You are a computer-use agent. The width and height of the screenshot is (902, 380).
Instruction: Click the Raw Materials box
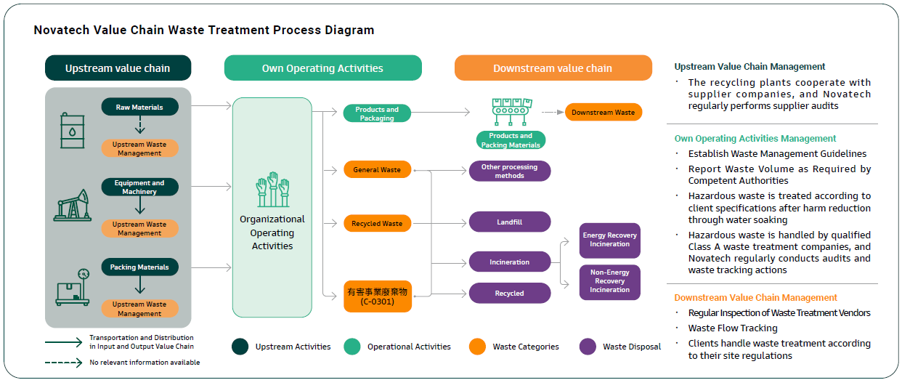(x=139, y=107)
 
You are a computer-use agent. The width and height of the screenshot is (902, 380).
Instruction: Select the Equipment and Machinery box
(x=139, y=187)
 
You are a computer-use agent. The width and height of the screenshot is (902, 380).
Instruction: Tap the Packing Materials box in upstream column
(x=139, y=267)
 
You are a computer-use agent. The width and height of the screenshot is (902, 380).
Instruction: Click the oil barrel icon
(x=73, y=131)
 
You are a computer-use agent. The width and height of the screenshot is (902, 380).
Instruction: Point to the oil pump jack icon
(x=73, y=205)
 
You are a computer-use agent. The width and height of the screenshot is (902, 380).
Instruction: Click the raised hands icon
(x=272, y=190)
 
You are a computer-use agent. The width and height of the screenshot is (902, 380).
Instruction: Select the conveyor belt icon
(x=511, y=112)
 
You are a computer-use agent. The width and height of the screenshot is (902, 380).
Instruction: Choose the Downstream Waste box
(x=604, y=113)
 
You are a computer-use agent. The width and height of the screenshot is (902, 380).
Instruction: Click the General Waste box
(x=378, y=169)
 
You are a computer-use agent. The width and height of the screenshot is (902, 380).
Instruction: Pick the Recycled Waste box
(x=378, y=223)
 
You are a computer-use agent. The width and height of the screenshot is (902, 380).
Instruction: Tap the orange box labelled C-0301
(x=378, y=296)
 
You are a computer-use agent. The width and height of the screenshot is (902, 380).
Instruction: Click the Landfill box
(x=510, y=222)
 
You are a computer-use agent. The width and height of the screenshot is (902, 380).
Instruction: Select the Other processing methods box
(x=510, y=171)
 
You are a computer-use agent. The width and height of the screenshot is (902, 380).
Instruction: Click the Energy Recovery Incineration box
(x=609, y=240)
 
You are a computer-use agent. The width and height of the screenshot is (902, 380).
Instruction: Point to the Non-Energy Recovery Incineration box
(x=609, y=282)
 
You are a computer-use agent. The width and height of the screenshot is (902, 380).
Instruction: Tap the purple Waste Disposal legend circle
(x=588, y=347)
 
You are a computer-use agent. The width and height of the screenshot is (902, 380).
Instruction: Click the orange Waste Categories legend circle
(x=478, y=347)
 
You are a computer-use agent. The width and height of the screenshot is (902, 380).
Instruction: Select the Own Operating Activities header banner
(x=323, y=68)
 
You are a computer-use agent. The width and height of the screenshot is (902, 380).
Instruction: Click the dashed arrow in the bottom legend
(x=64, y=363)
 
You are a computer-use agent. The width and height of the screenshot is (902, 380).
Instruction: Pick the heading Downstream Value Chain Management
(x=755, y=297)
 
